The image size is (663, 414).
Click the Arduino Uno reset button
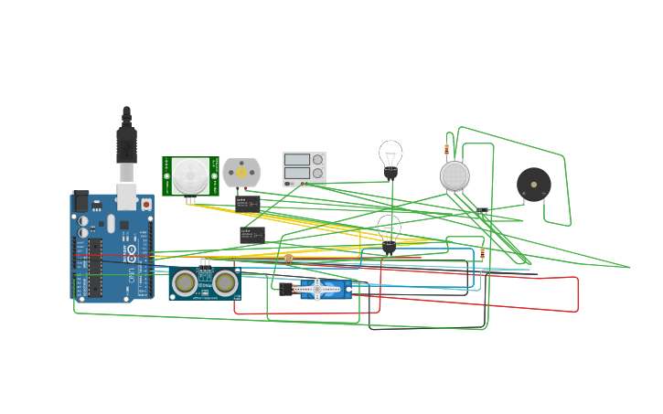(x=145, y=205)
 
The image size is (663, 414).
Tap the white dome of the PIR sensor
(x=191, y=175)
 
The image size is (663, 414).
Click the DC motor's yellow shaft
(x=241, y=172)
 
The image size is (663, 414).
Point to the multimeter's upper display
(x=296, y=160)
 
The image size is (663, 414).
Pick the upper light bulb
(x=390, y=156)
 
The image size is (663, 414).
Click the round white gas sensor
(x=454, y=175)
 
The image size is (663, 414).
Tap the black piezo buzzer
(x=534, y=185)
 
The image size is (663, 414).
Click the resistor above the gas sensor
(x=446, y=149)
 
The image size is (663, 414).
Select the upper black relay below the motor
(x=247, y=203)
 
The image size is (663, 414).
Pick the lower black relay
(x=251, y=235)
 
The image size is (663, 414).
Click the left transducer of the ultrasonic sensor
(x=186, y=283)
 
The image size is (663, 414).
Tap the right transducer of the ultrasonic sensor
(x=225, y=283)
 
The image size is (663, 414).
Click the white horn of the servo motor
(x=316, y=290)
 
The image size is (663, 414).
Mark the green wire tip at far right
(x=629, y=268)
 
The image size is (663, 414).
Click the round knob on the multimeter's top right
(x=317, y=159)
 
